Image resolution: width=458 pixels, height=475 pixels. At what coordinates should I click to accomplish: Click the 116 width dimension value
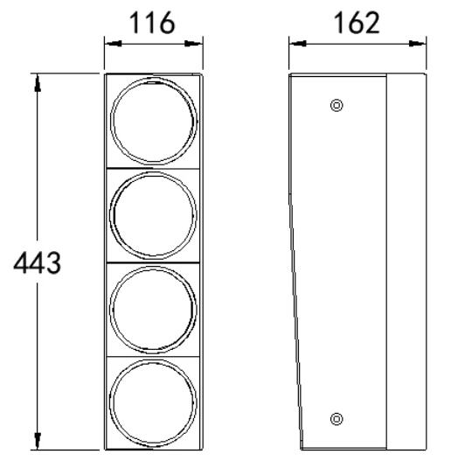click(x=154, y=23)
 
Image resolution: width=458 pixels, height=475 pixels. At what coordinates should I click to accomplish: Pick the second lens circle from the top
click(x=154, y=214)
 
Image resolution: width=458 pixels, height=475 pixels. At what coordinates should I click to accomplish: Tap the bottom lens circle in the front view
click(x=154, y=403)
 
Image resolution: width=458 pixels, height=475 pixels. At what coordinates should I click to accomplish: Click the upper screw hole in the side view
click(x=337, y=107)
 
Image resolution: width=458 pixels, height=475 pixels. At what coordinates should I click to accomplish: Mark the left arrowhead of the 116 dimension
click(x=108, y=41)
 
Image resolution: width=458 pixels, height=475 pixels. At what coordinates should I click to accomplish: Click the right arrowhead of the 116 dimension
click(x=198, y=41)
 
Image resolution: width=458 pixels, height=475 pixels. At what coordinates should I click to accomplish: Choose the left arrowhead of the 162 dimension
click(x=295, y=41)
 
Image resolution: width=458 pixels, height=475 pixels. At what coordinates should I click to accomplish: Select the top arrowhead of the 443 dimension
click(x=38, y=80)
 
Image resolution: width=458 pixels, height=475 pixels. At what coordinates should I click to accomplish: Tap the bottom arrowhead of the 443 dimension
click(x=38, y=444)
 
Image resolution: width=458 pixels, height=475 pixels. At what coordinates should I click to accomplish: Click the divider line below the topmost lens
click(x=154, y=168)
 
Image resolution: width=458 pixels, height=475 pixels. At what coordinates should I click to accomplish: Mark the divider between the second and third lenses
click(x=154, y=262)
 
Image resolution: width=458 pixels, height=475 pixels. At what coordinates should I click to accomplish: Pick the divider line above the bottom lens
click(x=154, y=357)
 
